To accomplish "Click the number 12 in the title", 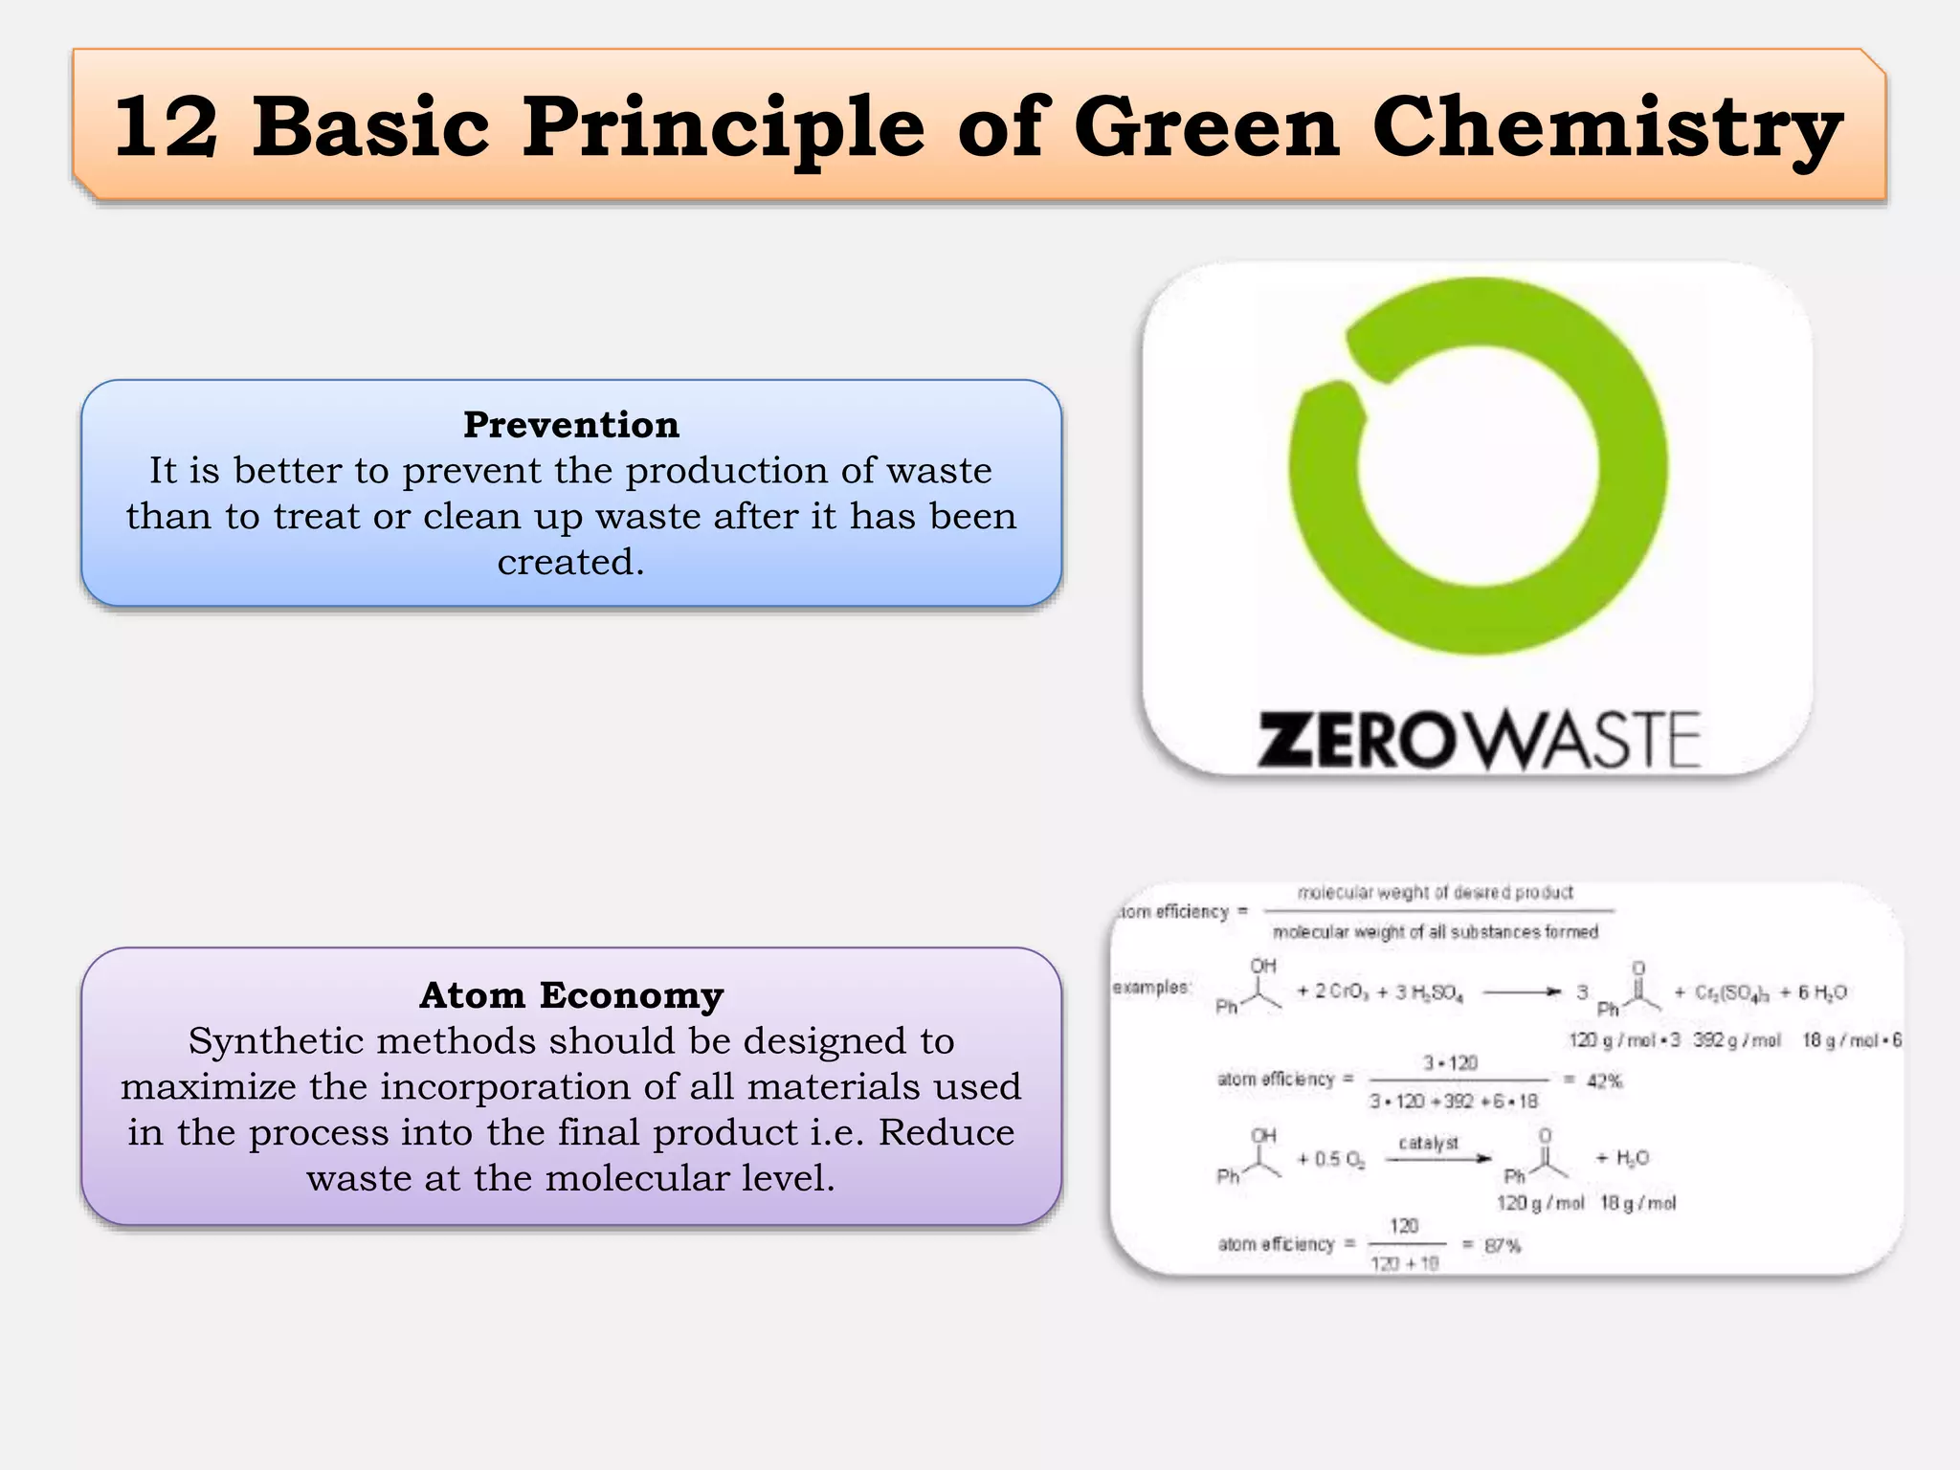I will coord(166,127).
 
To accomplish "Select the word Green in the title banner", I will coord(1207,127).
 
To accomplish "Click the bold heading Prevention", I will coord(571,425).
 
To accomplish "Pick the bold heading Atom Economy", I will coord(571,995).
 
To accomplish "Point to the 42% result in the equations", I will coord(1605,1081).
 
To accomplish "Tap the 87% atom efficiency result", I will coord(1502,1246).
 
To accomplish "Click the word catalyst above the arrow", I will coord(1428,1143).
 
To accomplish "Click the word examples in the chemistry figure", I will coord(1151,987).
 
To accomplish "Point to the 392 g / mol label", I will coord(1736,1040).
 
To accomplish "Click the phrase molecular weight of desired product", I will coord(1435,893).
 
